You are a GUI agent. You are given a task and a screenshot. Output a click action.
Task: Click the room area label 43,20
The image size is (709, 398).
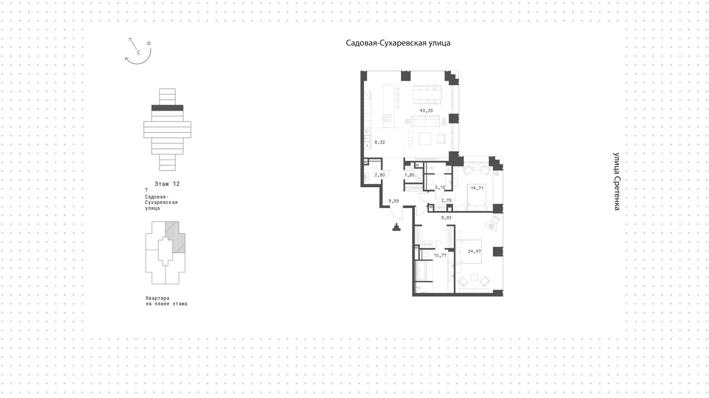click(x=426, y=111)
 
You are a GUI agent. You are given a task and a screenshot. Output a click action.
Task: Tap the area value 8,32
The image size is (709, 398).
click(x=380, y=142)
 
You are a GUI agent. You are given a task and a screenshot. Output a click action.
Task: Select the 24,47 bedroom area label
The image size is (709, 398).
click(x=475, y=252)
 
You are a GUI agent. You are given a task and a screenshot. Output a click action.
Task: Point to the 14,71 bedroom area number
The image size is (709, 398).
click(x=477, y=188)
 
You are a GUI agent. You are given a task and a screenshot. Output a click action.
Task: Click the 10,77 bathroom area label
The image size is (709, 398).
click(x=440, y=255)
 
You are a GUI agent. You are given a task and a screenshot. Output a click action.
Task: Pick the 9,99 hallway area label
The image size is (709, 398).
click(x=394, y=201)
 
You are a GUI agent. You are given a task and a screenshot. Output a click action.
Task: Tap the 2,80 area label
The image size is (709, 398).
click(x=380, y=175)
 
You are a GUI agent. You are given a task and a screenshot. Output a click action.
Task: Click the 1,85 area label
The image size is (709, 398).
click(x=410, y=175)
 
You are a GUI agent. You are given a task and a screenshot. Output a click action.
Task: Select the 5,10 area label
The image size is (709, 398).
click(x=440, y=188)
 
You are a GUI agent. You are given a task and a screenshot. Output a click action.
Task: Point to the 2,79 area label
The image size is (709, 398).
click(x=446, y=201)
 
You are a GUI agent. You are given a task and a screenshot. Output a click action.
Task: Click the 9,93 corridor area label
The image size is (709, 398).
click(x=446, y=218)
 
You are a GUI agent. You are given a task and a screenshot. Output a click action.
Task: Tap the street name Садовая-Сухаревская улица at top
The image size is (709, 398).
click(x=398, y=43)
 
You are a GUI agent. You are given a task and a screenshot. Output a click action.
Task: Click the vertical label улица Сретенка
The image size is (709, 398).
click(x=616, y=181)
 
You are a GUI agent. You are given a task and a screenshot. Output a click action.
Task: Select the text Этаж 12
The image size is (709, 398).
click(x=167, y=184)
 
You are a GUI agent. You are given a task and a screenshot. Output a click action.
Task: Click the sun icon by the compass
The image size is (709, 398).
click(x=149, y=43)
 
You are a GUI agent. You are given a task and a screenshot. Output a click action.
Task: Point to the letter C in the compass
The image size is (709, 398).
click(x=138, y=52)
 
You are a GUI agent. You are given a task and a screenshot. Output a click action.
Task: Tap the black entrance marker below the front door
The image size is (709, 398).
click(x=397, y=227)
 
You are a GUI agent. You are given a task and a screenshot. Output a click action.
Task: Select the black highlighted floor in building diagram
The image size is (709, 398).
click(x=167, y=108)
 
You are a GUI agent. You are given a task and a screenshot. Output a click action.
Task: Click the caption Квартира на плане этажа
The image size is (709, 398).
click(x=167, y=301)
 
